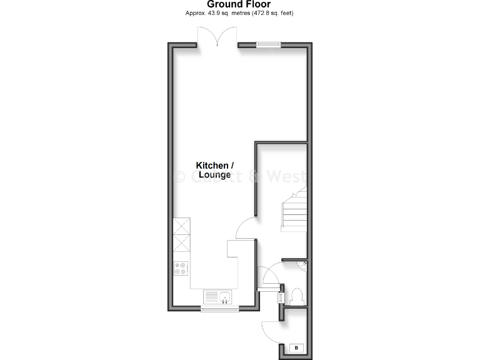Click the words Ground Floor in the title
[x=239, y=4]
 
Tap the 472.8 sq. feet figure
[x=272, y=13]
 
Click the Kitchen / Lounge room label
[x=215, y=170]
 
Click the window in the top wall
[x=268, y=44]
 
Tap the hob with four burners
[x=182, y=267]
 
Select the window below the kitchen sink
[x=219, y=308]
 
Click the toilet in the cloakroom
[x=297, y=296]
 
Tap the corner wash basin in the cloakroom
[x=302, y=265]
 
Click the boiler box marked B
[x=296, y=347]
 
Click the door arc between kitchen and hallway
[x=246, y=226]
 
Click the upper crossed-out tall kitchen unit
[x=182, y=226]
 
